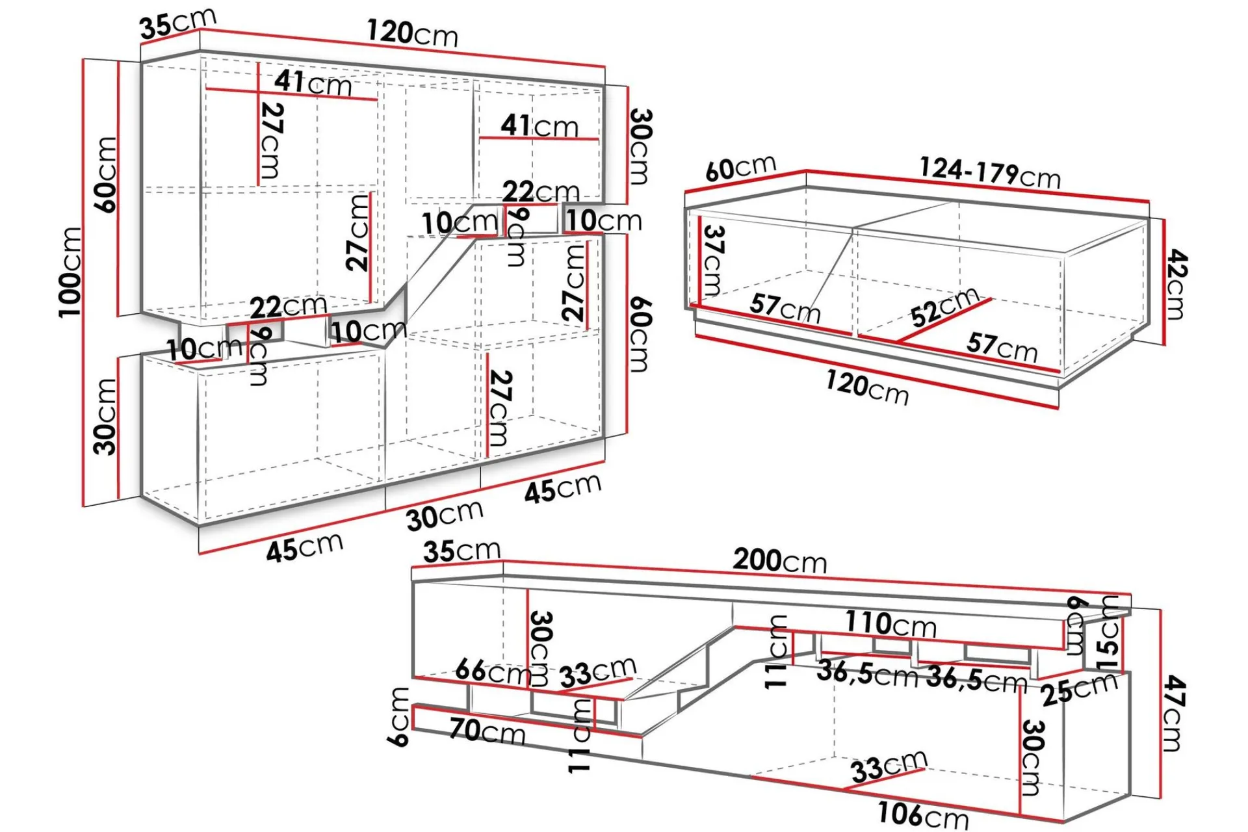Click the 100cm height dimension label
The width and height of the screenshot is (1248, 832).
click(71, 272)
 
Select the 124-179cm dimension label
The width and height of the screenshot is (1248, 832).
click(990, 173)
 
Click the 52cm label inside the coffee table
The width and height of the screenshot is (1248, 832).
click(944, 307)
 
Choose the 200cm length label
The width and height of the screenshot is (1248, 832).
click(780, 560)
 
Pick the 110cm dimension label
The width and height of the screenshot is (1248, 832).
click(890, 624)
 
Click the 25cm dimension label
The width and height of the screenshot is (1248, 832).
click(1079, 689)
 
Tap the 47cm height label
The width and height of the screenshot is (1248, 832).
click(1173, 712)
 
